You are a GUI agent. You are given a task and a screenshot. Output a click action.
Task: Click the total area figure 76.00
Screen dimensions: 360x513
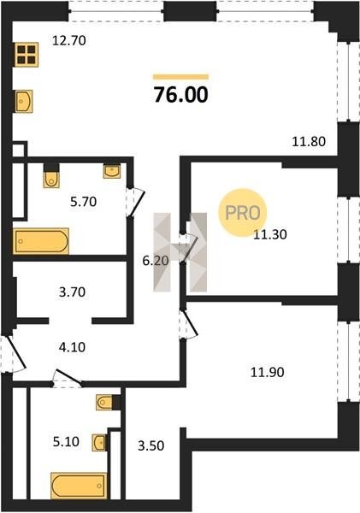tap(181, 95)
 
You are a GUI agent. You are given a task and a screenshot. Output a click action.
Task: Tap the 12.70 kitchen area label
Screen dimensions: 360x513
tap(69, 40)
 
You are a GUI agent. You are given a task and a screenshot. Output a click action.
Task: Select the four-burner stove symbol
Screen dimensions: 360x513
tap(27, 55)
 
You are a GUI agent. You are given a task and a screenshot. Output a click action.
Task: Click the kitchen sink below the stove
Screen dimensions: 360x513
tap(24, 101)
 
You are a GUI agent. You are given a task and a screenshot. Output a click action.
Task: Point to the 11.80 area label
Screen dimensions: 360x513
tap(309, 142)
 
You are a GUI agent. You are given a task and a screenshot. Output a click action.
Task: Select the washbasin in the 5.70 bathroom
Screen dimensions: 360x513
tap(112, 171)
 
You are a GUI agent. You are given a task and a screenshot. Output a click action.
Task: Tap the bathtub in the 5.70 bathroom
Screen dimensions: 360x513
tap(41, 241)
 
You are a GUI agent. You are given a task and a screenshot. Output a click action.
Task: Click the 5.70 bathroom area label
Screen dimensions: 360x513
tap(84, 202)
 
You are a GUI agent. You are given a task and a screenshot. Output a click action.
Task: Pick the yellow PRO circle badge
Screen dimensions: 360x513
tap(243, 213)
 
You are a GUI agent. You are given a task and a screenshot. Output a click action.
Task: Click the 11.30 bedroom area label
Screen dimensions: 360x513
tap(270, 234)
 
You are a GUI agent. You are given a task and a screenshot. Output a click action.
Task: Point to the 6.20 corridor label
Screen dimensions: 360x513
tap(156, 261)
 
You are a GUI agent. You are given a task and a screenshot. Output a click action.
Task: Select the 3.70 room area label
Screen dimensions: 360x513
tap(73, 292)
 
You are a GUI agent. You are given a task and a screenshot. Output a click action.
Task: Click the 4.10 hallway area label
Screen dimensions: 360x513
tap(72, 347)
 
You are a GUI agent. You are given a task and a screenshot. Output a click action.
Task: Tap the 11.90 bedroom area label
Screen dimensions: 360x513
tap(267, 372)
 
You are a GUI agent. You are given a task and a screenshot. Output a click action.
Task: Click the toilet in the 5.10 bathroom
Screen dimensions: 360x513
tap(104, 403)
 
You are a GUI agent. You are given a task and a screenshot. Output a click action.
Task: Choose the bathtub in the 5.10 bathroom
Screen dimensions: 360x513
tap(79, 486)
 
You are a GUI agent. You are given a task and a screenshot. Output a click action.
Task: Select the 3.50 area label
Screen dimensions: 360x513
tap(150, 445)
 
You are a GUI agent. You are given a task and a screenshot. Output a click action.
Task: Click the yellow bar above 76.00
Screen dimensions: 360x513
tap(181, 77)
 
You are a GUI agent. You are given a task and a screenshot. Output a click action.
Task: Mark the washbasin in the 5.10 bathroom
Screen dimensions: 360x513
tap(99, 443)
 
